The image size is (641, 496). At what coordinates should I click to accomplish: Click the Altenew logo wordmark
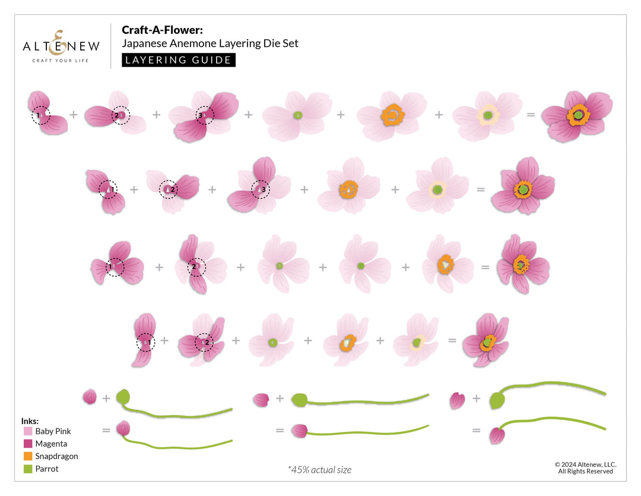pyautogui.click(x=61, y=46)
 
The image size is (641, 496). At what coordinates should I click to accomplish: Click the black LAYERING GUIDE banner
pyautogui.click(x=179, y=60)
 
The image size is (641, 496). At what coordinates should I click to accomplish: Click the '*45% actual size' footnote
pyautogui.click(x=319, y=470)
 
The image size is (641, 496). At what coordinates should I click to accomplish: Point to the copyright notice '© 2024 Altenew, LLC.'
pyautogui.click(x=585, y=465)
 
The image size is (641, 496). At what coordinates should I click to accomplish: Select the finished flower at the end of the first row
pyautogui.click(x=576, y=115)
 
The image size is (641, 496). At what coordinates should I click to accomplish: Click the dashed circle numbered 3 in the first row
pyautogui.click(x=205, y=115)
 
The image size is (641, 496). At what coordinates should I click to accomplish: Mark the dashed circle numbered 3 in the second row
pyautogui.click(x=259, y=189)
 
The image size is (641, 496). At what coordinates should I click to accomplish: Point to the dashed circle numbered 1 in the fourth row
pyautogui.click(x=145, y=342)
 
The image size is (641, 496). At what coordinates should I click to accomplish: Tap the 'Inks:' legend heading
pyautogui.click(x=30, y=421)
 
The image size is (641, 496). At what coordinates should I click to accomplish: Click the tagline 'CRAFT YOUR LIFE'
pyautogui.click(x=61, y=61)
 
